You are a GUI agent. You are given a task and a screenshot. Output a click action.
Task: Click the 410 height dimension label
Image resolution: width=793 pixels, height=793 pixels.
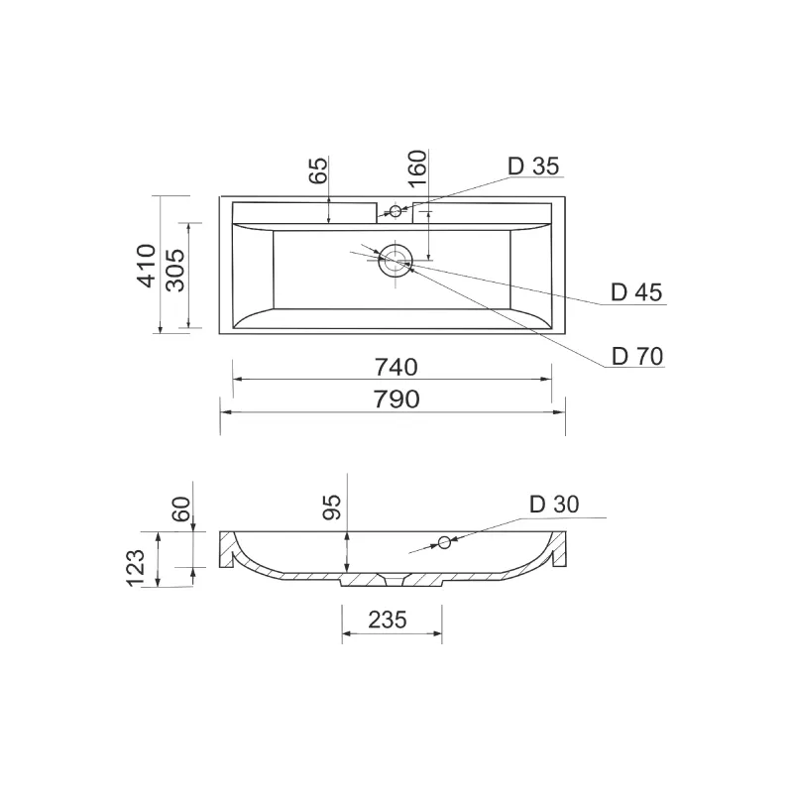147,266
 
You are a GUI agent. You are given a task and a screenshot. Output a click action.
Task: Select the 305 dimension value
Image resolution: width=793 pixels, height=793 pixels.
176,270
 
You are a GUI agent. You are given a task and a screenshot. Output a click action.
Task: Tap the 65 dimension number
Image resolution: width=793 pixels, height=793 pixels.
318,170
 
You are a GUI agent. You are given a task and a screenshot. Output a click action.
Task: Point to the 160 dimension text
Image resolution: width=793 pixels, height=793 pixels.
417,169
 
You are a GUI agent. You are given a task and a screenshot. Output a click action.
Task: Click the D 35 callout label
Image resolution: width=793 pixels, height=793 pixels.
533,166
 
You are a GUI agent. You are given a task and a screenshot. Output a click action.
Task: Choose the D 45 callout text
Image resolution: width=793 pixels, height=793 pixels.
636,292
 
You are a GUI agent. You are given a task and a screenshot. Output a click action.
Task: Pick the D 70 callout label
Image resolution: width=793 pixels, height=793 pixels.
637,357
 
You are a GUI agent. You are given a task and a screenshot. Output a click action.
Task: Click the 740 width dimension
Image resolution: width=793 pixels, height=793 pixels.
396,367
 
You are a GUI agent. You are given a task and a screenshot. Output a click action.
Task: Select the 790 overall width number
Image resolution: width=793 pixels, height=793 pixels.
396,399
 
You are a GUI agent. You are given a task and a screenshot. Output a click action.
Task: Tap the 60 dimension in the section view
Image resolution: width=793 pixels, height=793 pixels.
182,509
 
